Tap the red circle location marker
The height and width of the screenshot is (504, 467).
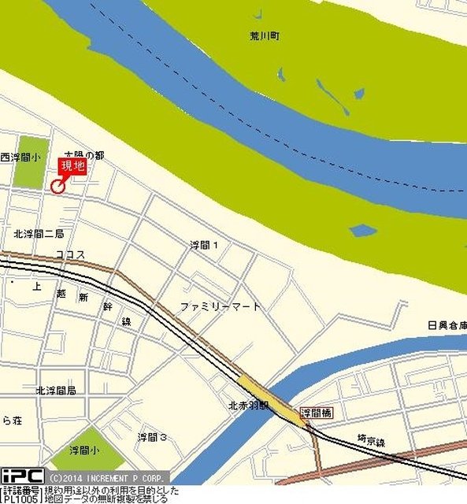[57, 186]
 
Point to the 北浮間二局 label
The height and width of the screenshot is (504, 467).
[39, 234]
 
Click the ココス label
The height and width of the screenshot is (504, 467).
[70, 254]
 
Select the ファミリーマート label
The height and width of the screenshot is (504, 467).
[220, 306]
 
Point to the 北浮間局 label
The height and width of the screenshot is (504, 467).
[55, 391]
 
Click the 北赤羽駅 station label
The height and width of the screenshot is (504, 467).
[249, 406]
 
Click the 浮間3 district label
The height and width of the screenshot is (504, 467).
[152, 437]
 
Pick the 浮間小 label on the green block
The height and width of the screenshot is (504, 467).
[83, 451]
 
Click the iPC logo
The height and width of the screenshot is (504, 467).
[22, 476]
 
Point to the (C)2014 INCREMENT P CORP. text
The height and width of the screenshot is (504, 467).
[108, 477]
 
